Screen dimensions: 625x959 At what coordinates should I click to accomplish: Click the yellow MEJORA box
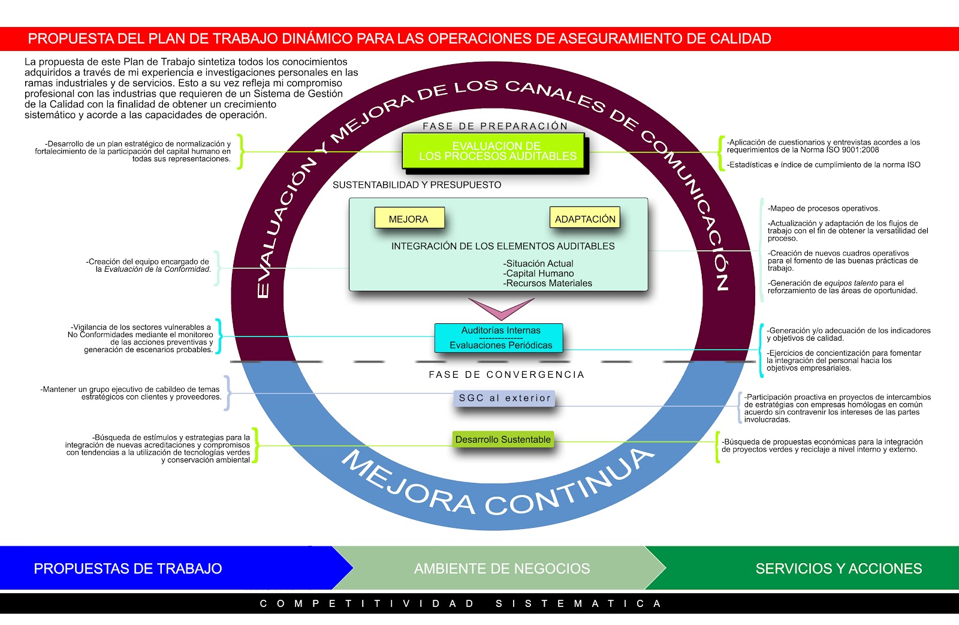(x=409, y=218)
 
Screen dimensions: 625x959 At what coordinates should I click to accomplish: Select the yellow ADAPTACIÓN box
(x=584, y=218)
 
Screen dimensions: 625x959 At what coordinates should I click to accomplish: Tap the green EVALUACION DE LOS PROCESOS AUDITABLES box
(x=496, y=151)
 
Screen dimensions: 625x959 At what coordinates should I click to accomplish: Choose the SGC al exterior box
(x=504, y=398)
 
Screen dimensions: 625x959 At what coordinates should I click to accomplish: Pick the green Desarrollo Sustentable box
(x=502, y=439)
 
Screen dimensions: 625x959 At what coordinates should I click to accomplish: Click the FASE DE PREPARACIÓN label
(x=495, y=126)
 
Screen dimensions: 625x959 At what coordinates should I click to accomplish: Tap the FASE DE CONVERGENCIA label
(x=506, y=374)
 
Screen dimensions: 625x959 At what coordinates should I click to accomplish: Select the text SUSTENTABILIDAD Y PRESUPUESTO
(x=417, y=185)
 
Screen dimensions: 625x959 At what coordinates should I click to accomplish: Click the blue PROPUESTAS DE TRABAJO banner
(x=128, y=568)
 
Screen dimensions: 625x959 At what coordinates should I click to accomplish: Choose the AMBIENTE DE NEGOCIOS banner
(x=502, y=568)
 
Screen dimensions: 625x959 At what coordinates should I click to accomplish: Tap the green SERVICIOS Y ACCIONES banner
(x=838, y=568)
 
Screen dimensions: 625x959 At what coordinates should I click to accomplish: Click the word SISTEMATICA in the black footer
(x=578, y=603)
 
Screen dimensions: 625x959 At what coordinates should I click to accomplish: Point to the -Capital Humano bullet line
(x=539, y=274)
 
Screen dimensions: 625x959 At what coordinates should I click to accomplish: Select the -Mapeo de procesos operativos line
(x=823, y=209)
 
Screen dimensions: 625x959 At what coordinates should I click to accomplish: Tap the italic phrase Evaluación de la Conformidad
(x=157, y=269)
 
